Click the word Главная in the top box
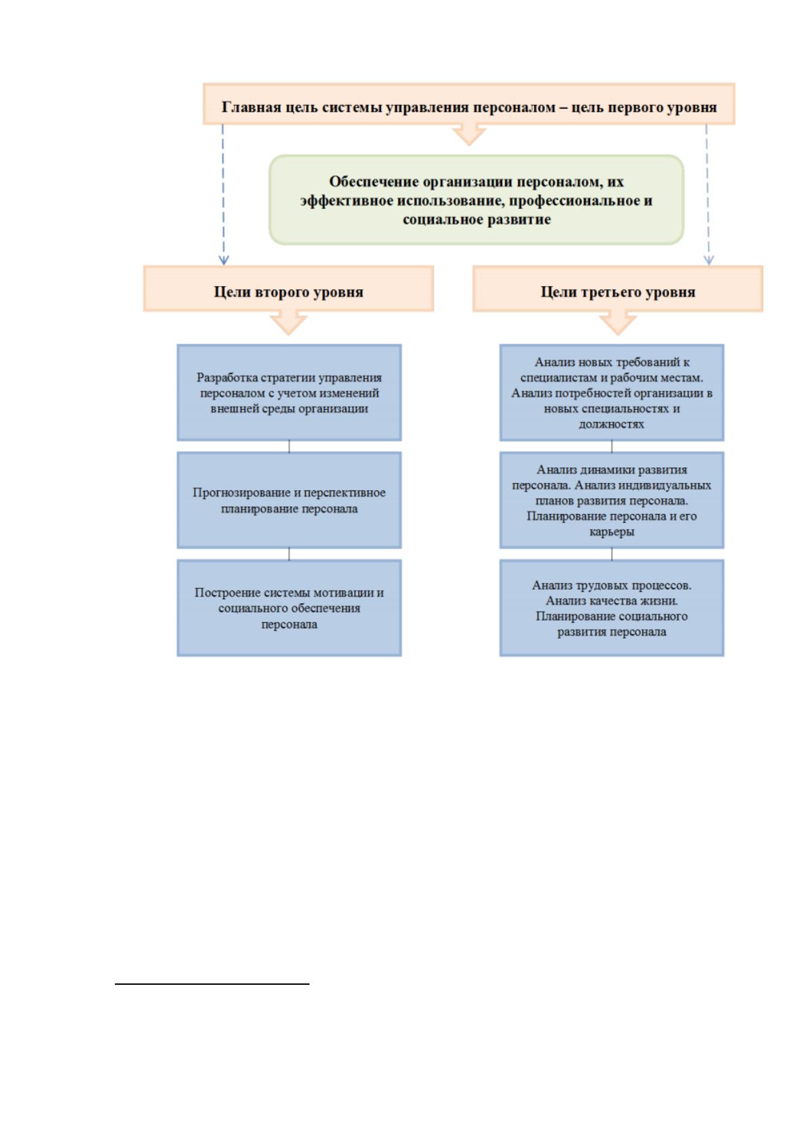(x=251, y=108)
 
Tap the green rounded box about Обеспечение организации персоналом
(x=477, y=200)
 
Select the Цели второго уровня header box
(x=289, y=288)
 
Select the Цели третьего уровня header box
(x=618, y=288)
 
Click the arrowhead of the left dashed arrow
(x=224, y=260)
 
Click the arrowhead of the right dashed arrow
(x=708, y=260)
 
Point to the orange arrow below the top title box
(x=469, y=134)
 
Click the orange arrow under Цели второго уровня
(x=289, y=323)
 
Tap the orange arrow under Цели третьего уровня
(x=618, y=323)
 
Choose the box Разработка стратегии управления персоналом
(x=289, y=392)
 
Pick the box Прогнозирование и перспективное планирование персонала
(x=289, y=501)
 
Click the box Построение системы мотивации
(x=289, y=608)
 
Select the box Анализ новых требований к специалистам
(x=612, y=392)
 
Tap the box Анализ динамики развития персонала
(x=612, y=501)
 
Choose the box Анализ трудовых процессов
(x=612, y=608)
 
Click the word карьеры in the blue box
(x=612, y=532)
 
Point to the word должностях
(x=612, y=424)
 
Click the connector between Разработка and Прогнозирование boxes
(x=289, y=446)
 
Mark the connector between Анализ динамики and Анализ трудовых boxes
(x=612, y=554)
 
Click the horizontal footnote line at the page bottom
(x=212, y=984)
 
